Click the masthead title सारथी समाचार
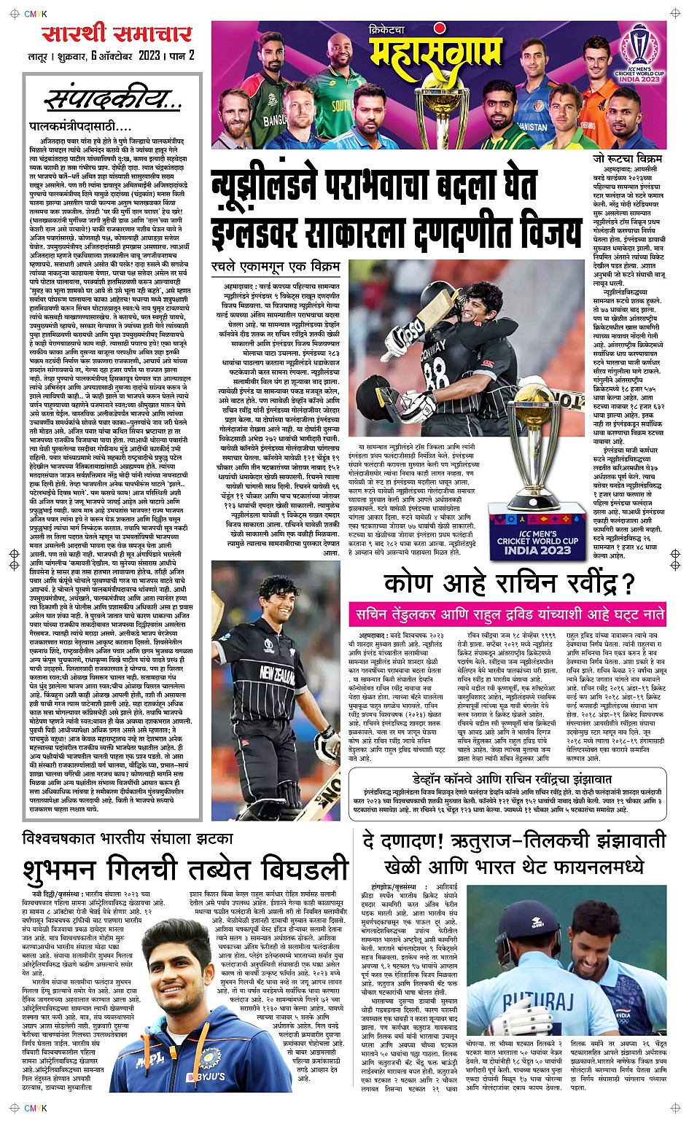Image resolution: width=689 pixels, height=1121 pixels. [117, 33]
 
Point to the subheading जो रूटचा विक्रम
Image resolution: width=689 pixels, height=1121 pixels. [627, 158]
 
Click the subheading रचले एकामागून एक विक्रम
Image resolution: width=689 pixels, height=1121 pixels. [276, 265]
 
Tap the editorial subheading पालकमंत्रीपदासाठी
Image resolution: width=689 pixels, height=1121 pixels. [79, 126]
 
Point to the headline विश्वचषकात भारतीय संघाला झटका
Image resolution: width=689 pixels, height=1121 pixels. [127, 837]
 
